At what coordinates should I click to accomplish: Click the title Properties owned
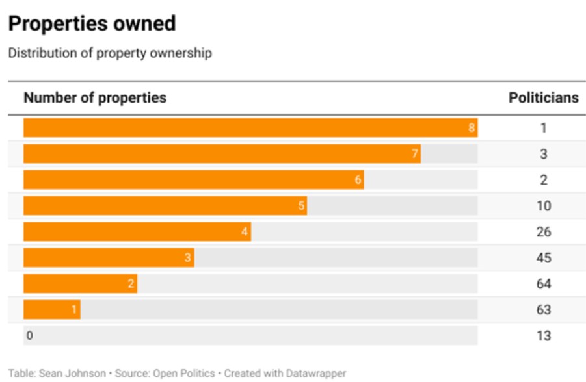[92, 24]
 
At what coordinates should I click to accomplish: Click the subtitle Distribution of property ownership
[110, 53]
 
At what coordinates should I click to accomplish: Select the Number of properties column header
[95, 98]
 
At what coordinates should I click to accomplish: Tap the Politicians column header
[543, 98]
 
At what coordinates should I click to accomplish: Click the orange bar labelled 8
[250, 128]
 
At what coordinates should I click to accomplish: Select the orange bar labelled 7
[222, 154]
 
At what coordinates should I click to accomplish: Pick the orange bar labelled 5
[165, 206]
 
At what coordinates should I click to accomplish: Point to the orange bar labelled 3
[109, 258]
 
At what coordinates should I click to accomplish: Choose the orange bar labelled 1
[52, 310]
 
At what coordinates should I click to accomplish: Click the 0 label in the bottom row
[29, 336]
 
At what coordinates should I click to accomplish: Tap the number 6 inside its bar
[358, 180]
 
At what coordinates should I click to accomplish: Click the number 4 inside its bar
[245, 232]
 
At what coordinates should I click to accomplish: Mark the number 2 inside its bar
[131, 284]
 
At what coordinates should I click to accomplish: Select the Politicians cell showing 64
[544, 284]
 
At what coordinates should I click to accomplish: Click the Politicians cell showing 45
[544, 258]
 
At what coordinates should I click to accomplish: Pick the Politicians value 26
[544, 232]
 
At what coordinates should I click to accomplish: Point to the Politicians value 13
[544, 336]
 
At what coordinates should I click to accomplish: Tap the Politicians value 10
[544, 206]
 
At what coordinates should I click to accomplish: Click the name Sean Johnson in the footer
[72, 374]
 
